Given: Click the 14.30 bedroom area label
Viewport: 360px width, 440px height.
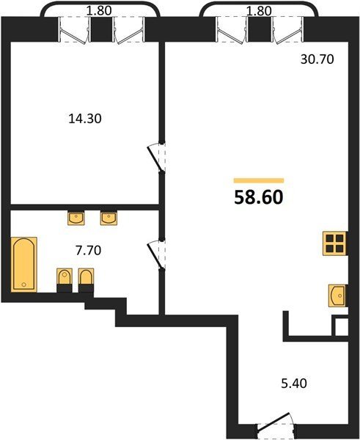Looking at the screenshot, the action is [85, 119].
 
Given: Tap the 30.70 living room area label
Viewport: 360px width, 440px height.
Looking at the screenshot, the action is [317, 59].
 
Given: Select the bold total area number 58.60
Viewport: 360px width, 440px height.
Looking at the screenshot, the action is [258, 197].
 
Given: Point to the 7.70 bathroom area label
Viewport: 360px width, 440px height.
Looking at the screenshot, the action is [89, 250].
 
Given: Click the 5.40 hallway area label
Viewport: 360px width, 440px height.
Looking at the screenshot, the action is [294, 383].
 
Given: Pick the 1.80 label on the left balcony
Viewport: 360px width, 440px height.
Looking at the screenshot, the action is [99, 11].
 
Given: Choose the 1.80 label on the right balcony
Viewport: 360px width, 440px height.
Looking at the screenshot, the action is [259, 11].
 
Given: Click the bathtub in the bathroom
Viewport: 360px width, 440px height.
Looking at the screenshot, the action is [24, 264].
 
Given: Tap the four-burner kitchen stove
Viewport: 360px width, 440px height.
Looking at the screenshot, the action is [335, 243].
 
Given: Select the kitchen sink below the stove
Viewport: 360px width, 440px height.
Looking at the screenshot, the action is [338, 296].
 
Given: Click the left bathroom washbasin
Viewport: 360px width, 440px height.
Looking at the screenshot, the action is [76, 218].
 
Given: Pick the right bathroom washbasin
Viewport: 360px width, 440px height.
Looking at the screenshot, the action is [109, 218].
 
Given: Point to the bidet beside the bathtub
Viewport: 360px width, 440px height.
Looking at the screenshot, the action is [65, 280].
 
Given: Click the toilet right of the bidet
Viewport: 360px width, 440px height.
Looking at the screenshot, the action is [86, 280].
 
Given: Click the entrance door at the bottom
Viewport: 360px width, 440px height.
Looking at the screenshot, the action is [276, 426].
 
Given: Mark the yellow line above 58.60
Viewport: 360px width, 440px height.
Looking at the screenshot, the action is [259, 180].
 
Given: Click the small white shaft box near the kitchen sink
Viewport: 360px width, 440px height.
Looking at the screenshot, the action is [342, 327].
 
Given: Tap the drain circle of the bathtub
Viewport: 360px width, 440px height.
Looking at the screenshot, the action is [24, 285].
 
